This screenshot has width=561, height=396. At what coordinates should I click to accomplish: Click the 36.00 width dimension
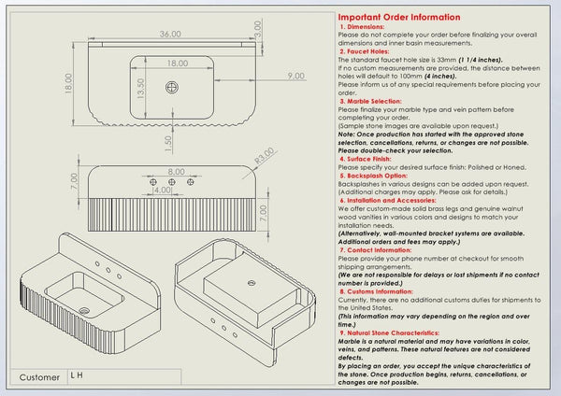tap(169, 34)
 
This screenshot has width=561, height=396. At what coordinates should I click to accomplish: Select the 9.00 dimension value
tap(295, 76)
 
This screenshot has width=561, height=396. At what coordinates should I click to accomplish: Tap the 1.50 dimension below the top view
tap(167, 141)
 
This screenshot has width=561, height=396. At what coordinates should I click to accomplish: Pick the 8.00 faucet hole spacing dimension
tap(176, 172)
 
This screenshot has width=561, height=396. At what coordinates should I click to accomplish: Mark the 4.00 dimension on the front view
tap(161, 190)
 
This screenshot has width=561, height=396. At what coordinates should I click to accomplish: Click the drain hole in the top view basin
tap(172, 87)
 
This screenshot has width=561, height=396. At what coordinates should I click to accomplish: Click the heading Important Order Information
tap(398, 17)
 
